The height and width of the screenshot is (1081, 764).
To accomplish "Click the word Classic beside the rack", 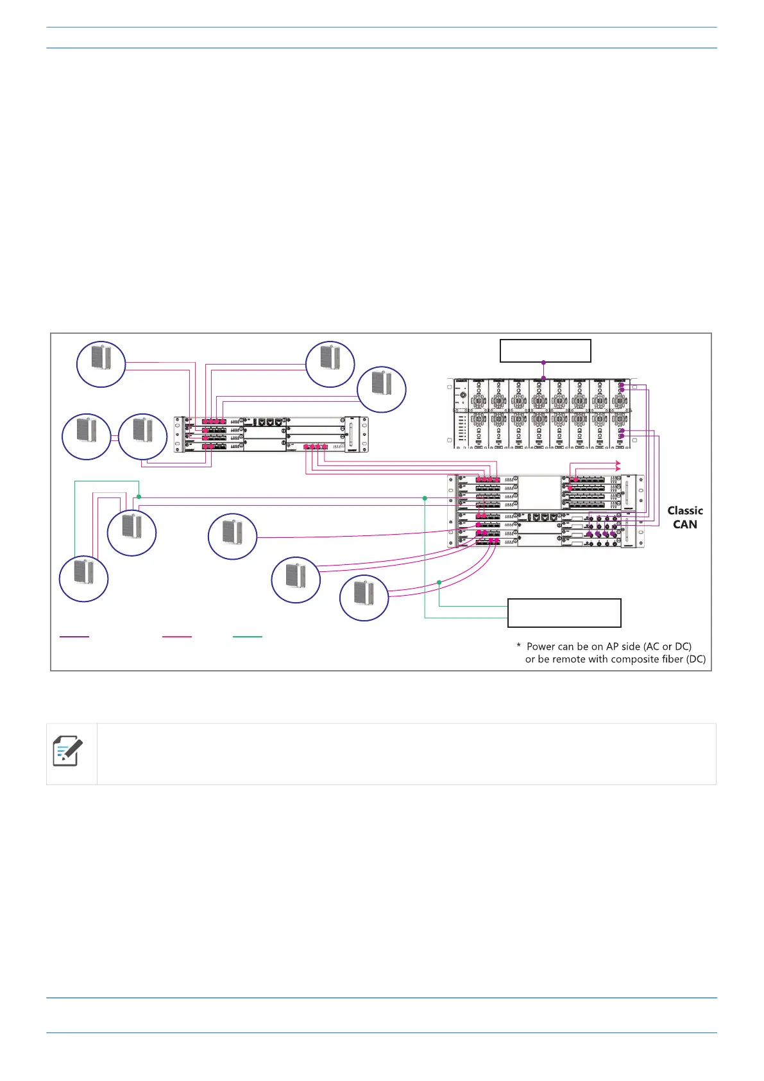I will tap(684, 511).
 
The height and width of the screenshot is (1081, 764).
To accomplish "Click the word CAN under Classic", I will tap(684, 524).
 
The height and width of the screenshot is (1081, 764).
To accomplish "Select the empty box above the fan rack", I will tap(545, 351).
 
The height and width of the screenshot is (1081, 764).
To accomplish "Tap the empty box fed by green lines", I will tap(564, 613).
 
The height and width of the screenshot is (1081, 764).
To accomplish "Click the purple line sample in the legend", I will tap(74, 636).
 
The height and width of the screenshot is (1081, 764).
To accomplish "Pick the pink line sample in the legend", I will tap(177, 636).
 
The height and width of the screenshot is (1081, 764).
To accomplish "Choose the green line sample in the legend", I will tap(248, 636).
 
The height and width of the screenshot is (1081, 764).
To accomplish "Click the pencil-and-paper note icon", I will tap(68, 751).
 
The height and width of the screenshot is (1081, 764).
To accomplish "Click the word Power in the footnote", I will tap(541, 646).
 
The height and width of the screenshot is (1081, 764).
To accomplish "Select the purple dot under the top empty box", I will tap(544, 363).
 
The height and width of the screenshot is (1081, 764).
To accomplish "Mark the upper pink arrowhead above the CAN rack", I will tap(618, 462).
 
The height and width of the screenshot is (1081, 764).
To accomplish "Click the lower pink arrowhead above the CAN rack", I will tap(618, 470).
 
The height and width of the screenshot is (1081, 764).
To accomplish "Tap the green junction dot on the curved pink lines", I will tap(439, 582).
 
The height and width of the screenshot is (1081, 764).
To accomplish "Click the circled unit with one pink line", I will tap(232, 537).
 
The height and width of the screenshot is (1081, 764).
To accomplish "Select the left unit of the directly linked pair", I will tap(86, 437).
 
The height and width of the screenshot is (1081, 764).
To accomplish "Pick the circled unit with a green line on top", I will tap(83, 578).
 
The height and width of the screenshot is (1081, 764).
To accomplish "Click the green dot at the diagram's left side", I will tap(139, 497).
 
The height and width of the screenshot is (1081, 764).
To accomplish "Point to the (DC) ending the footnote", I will tap(695, 659).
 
